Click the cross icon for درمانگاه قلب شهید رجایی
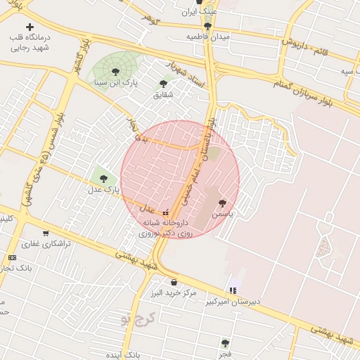coord(30,27)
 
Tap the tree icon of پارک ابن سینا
coord(115,70)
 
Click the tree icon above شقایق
coord(163,84)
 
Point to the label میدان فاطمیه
coord(208,35)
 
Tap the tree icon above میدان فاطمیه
coord(207,25)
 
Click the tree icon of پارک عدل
coord(103,179)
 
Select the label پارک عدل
coord(103,190)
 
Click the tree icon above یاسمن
coord(223,202)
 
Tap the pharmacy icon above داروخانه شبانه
coord(166,212)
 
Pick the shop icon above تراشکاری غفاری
coord(46,233)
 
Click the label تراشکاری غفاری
coord(44,244)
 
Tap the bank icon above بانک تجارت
coord(12,258)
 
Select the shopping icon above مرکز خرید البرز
coord(174,282)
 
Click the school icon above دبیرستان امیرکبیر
coord(233,290)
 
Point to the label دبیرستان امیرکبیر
coord(233,302)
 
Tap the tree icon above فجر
coord(225,343)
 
